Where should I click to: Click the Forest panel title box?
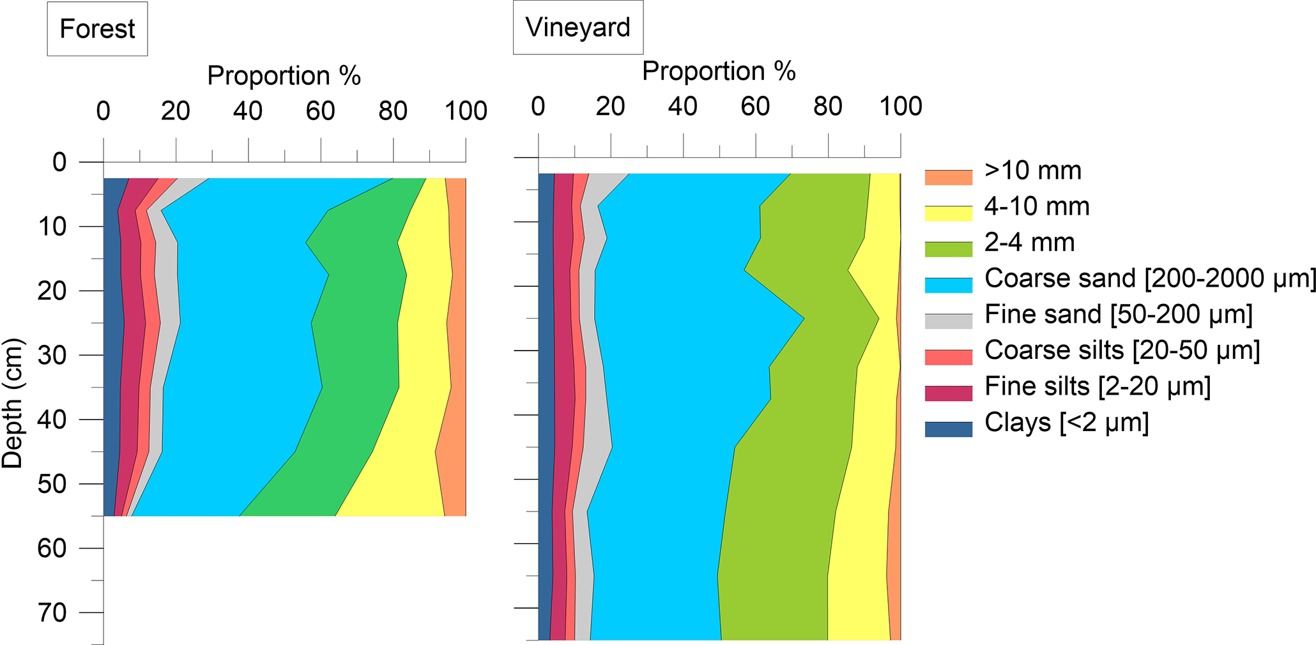click(x=97, y=29)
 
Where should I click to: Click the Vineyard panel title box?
click(x=578, y=27)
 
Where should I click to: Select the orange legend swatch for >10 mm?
click(x=948, y=177)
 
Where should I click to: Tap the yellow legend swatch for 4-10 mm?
click(x=948, y=213)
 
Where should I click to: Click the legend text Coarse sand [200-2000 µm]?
click(x=1150, y=278)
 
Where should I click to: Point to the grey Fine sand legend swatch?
click(x=948, y=321)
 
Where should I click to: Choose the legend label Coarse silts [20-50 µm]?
click(x=1122, y=350)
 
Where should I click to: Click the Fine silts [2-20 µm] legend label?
click(x=1097, y=386)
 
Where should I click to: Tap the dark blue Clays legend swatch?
click(x=948, y=429)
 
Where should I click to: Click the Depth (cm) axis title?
click(x=13, y=404)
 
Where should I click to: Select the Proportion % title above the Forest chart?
click(x=284, y=76)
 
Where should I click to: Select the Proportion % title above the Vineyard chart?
click(x=718, y=71)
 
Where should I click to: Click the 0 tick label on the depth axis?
click(x=59, y=162)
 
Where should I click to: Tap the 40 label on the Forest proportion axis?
click(x=248, y=111)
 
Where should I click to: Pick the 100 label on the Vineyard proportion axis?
click(x=901, y=106)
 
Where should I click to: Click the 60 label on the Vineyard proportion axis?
click(x=755, y=106)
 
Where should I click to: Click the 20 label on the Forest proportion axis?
click(x=176, y=111)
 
